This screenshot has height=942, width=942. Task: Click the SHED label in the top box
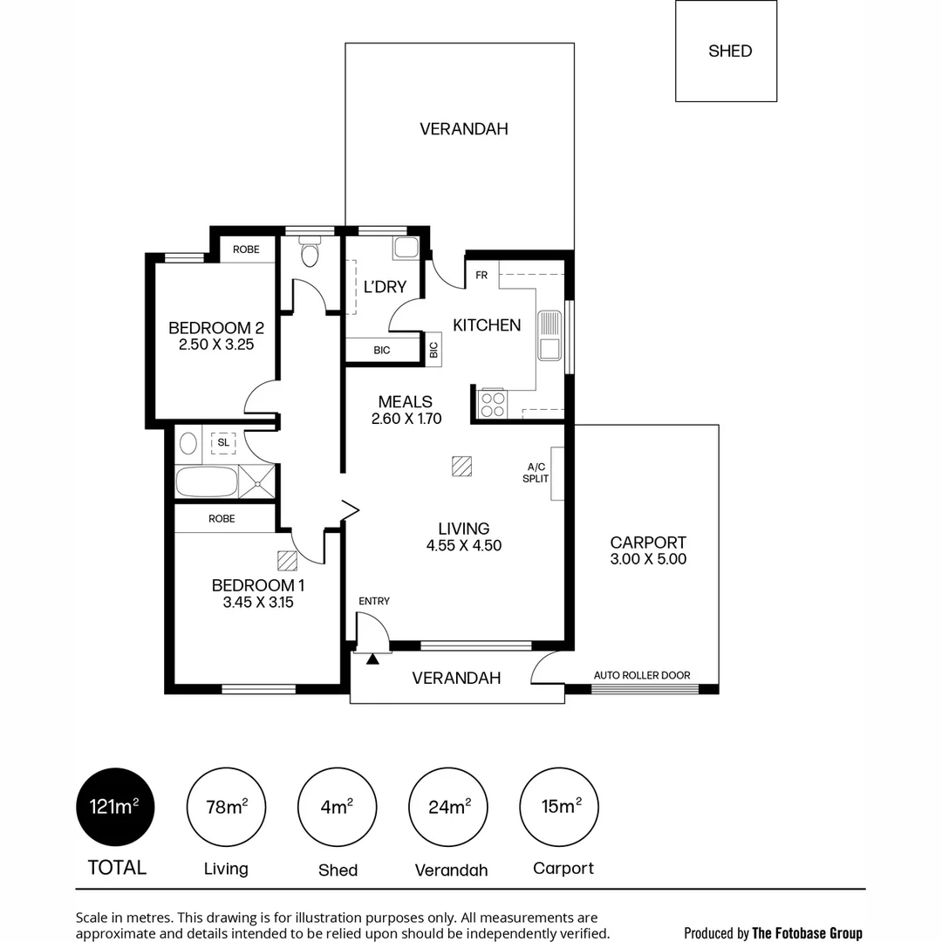(x=730, y=51)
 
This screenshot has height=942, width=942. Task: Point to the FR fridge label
(x=481, y=275)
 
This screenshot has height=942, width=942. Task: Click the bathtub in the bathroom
(x=207, y=481)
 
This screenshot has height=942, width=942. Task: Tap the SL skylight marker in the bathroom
(x=223, y=443)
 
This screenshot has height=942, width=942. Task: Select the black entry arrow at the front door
(x=372, y=659)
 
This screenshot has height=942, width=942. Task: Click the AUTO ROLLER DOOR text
(x=642, y=675)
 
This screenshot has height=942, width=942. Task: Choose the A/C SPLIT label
(x=536, y=473)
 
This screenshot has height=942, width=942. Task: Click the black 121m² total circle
(x=115, y=807)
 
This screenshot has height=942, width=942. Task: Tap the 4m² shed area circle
(x=337, y=807)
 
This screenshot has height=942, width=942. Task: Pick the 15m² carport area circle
(x=559, y=807)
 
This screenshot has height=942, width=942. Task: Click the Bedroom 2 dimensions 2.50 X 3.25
(x=216, y=345)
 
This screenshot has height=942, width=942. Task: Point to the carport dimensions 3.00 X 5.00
(x=648, y=559)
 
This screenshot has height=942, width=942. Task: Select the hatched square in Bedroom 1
(x=287, y=561)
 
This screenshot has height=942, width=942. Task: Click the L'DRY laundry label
(x=386, y=287)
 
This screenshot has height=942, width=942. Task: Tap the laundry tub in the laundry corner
(x=406, y=248)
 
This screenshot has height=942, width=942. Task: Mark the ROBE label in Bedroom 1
(x=222, y=518)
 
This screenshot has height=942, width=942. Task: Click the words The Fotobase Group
(x=807, y=933)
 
